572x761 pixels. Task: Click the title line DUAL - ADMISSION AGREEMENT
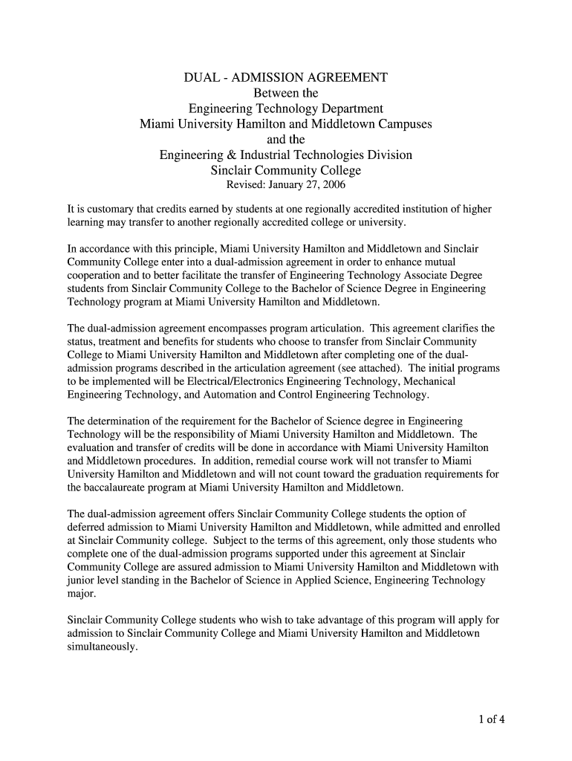[286, 77]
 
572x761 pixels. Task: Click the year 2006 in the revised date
[334, 185]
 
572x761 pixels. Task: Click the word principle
[189, 249]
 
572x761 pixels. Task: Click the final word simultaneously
[102, 647]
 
